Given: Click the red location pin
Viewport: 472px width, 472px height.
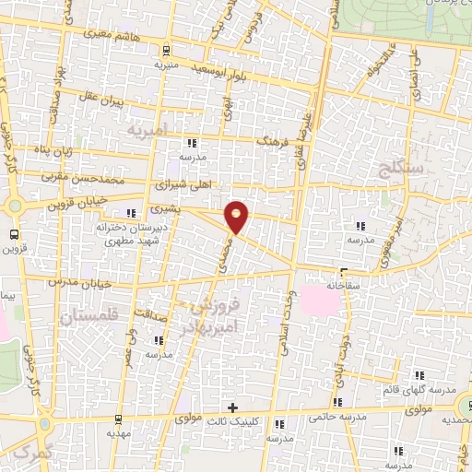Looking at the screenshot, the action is (x=238, y=216).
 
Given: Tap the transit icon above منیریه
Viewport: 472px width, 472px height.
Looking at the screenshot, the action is (x=165, y=52).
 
